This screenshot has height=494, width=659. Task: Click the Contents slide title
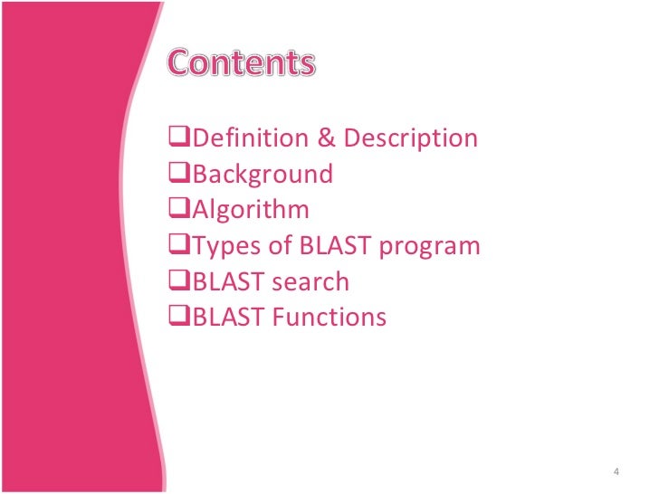click(x=241, y=63)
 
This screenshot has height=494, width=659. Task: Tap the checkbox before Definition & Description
click(x=179, y=138)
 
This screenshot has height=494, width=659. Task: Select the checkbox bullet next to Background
click(x=179, y=174)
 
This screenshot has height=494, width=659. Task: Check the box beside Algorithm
click(x=179, y=210)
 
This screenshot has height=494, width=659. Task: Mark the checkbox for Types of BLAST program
click(x=179, y=246)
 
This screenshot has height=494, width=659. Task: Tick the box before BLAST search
click(x=179, y=281)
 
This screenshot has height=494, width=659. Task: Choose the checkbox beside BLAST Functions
click(x=179, y=318)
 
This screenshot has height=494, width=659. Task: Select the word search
click(x=308, y=282)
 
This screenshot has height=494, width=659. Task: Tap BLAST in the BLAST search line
click(x=224, y=282)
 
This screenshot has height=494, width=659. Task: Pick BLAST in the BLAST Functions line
click(x=224, y=318)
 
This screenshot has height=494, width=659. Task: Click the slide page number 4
click(x=616, y=471)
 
